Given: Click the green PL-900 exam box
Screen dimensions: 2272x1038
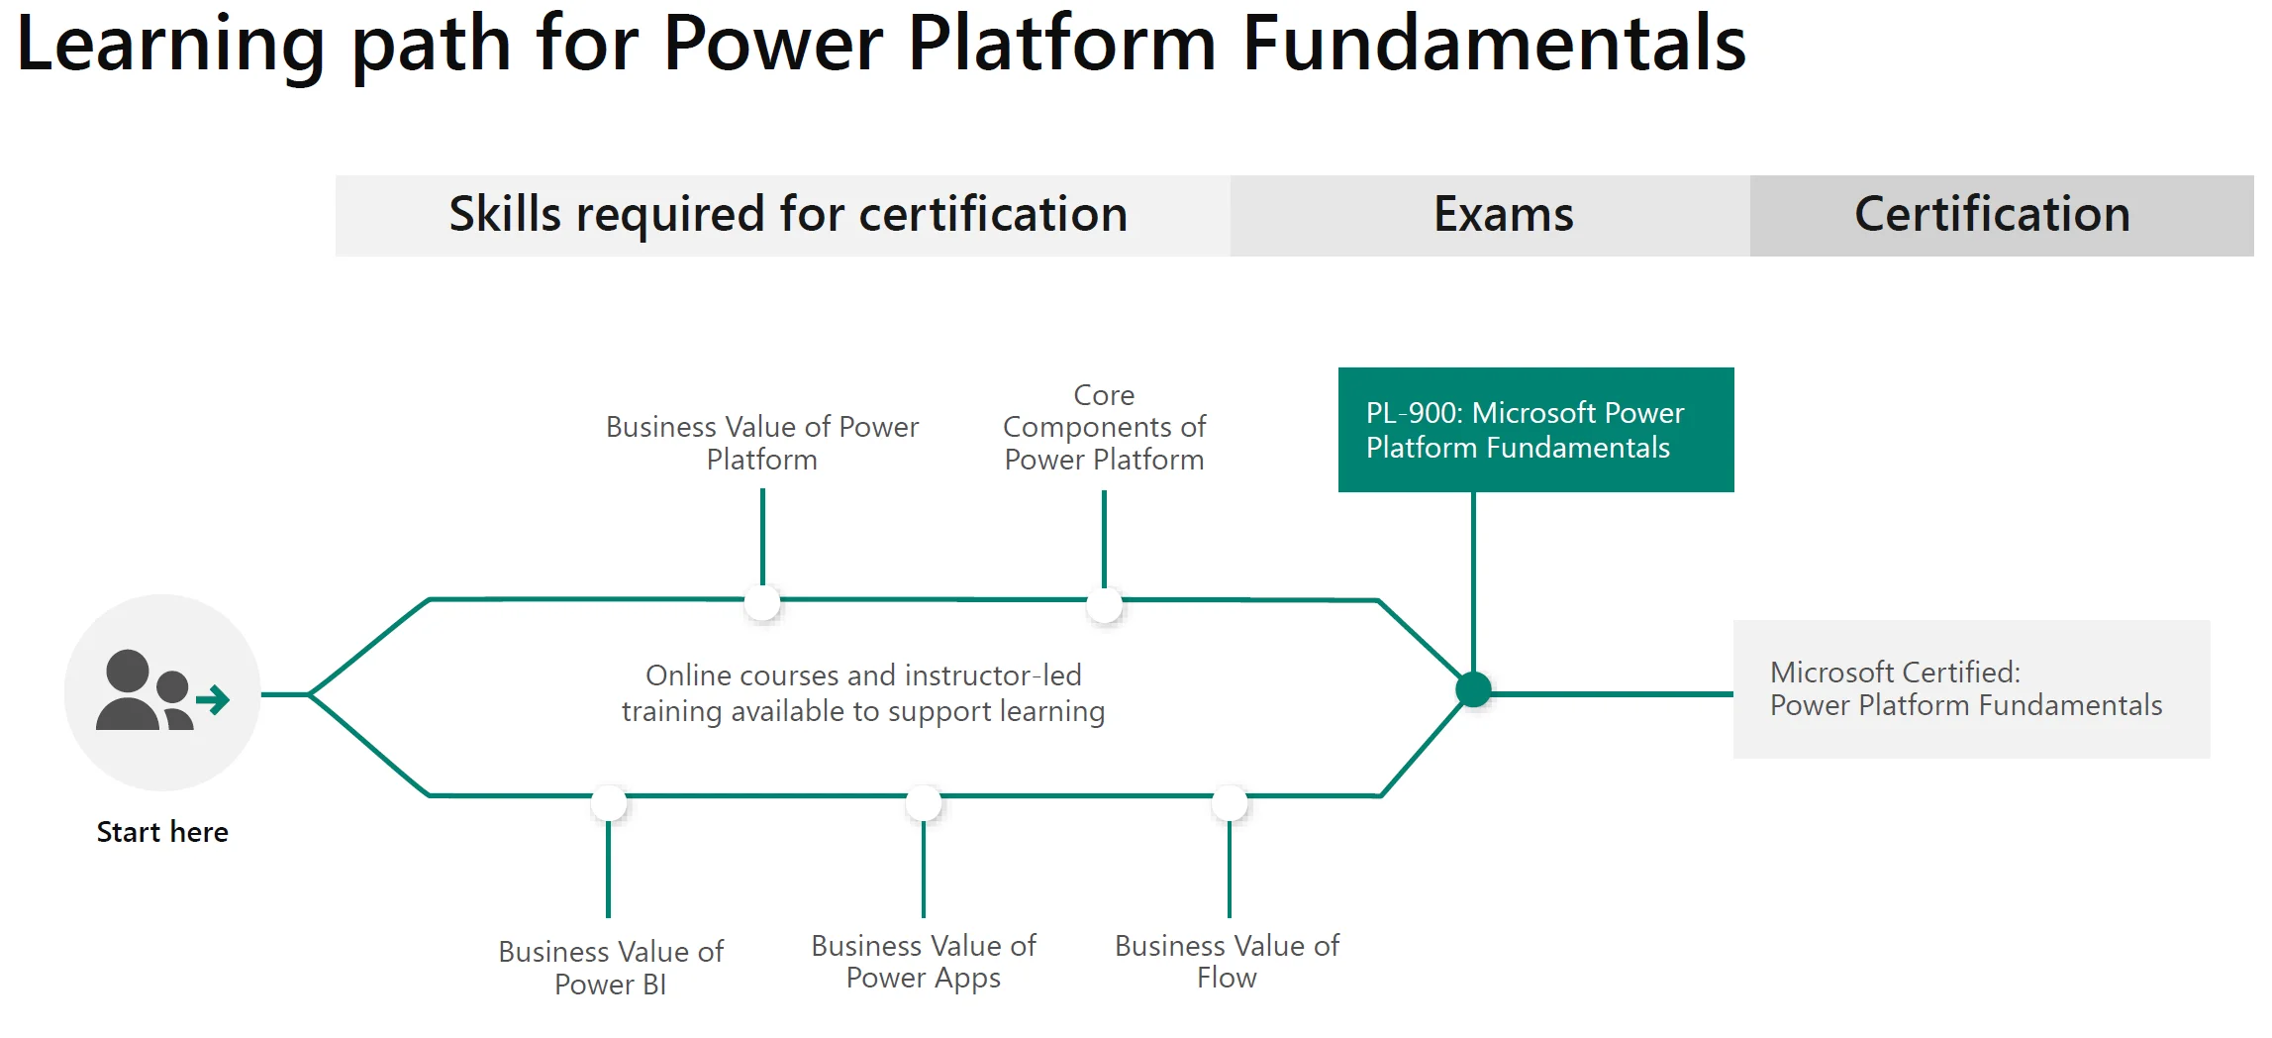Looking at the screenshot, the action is [x=1535, y=430].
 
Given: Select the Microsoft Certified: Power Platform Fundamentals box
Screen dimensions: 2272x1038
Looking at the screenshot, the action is [x=1971, y=689].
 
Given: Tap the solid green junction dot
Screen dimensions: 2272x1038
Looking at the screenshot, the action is [x=1473, y=689].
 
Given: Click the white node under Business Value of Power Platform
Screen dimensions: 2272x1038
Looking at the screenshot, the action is [x=762, y=602].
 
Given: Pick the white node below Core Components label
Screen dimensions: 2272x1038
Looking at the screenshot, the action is [x=1104, y=604].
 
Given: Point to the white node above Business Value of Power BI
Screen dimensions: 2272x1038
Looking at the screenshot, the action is [x=609, y=803].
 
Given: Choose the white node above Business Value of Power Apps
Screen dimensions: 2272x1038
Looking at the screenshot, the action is [x=924, y=803].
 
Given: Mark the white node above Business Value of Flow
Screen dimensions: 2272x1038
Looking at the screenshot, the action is [x=1230, y=803].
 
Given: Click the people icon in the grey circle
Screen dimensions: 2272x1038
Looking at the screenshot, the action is [x=145, y=690].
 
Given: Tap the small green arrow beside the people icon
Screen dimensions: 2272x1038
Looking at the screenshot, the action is [x=213, y=700].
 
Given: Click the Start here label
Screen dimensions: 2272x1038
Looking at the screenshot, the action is [x=162, y=832].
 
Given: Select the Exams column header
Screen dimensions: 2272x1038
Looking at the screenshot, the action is [x=1503, y=215].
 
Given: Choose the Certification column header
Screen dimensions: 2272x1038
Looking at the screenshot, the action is [x=1992, y=215].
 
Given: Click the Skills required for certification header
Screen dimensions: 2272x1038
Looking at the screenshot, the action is [x=788, y=215].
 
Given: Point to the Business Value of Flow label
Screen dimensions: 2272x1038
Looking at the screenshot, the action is [x=1227, y=961].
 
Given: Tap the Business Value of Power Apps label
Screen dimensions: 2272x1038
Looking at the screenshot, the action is [x=924, y=961].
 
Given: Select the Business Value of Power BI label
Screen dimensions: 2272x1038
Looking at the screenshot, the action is [x=611, y=968].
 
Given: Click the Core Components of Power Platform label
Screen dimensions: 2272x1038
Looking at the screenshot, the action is [x=1104, y=427].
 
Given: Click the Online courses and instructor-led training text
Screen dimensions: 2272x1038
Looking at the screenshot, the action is [x=863, y=693].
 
